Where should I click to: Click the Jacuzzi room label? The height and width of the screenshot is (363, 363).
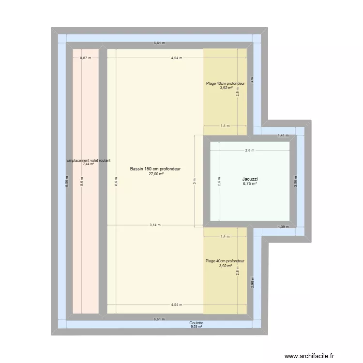(x=249, y=179)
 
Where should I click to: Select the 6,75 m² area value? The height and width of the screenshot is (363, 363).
(x=249, y=184)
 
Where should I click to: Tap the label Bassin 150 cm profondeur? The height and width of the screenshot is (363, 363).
(x=155, y=169)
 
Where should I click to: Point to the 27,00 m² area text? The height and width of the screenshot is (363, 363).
(x=155, y=174)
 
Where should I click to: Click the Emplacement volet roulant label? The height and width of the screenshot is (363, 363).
(x=89, y=160)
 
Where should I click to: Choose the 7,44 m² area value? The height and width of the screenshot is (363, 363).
(x=88, y=164)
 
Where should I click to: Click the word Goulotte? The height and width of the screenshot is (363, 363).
(x=196, y=323)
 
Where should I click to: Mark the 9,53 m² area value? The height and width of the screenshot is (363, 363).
(x=196, y=327)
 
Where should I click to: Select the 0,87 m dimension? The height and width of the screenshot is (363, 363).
(x=85, y=58)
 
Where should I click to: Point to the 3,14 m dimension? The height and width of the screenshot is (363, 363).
(x=155, y=225)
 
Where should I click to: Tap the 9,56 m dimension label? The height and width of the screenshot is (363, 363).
(x=67, y=181)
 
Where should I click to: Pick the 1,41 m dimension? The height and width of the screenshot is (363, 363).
(x=283, y=136)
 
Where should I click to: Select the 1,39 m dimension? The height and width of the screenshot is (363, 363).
(x=283, y=227)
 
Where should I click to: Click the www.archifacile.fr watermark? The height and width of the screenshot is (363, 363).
(x=309, y=356)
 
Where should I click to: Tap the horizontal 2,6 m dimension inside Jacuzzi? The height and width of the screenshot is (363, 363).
(x=249, y=150)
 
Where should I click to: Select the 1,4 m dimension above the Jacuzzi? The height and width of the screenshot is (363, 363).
(x=225, y=126)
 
